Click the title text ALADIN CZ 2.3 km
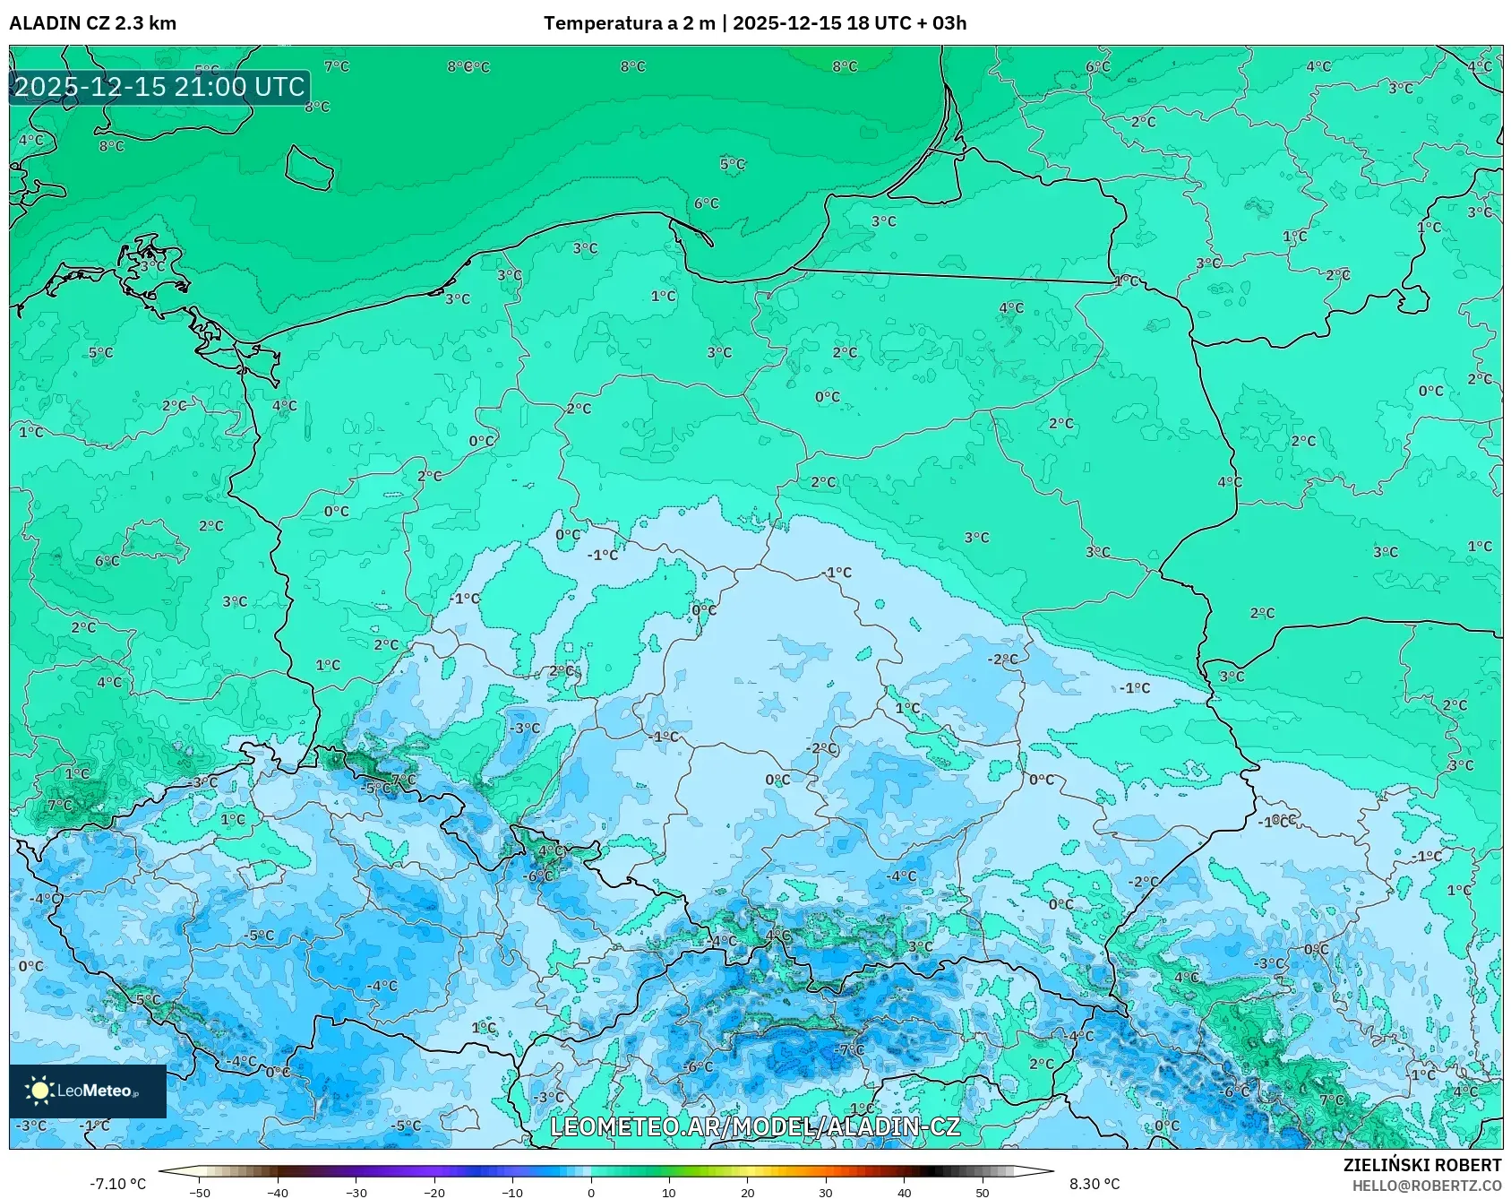92,23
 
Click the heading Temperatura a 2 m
629,23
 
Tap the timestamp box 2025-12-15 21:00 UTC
159,87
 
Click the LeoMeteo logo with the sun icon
87,1091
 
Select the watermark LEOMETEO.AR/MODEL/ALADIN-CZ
754,1126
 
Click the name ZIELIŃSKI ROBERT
1421,1165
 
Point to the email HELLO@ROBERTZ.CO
1426,1186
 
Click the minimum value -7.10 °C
117,1184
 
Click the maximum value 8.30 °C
1094,1184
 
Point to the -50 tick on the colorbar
200,1192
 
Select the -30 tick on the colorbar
356,1192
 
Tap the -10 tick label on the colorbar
512,1192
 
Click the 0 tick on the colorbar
590,1192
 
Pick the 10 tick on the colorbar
669,1192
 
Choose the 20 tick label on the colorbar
747,1192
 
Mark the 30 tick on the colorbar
825,1192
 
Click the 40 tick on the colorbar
904,1192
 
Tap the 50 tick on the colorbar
982,1192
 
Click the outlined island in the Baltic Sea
309,168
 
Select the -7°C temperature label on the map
850,1049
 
